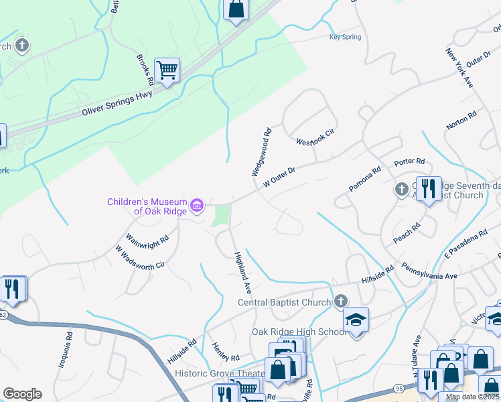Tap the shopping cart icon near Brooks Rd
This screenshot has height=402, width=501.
click(166, 69)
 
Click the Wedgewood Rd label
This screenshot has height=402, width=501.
click(261, 152)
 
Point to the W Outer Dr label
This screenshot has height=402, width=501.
click(279, 176)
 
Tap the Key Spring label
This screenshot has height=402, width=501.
click(345, 38)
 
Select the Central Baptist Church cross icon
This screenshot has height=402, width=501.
click(341, 301)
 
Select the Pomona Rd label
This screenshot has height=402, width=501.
click(365, 179)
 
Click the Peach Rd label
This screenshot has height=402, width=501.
click(407, 232)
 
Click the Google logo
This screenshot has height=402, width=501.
click(22, 394)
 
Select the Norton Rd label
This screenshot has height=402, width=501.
click(462, 121)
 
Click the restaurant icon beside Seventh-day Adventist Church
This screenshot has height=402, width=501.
click(428, 189)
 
